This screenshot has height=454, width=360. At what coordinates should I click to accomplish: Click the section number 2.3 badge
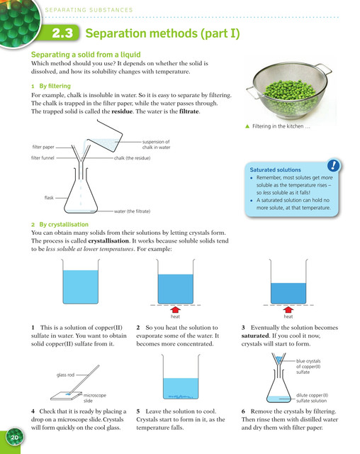click(x=62, y=33)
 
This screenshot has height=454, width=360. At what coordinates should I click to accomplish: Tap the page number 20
click(x=14, y=437)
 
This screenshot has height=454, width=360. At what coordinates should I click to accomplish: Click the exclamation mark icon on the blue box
click(x=333, y=165)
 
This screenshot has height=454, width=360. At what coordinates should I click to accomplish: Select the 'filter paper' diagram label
click(x=43, y=147)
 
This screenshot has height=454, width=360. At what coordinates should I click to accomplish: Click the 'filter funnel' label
click(x=43, y=157)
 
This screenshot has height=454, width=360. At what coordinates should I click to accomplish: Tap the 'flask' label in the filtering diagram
click(x=49, y=198)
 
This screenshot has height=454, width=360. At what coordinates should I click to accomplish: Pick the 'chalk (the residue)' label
click(x=132, y=158)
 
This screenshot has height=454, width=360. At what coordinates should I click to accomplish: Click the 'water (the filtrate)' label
click(x=132, y=211)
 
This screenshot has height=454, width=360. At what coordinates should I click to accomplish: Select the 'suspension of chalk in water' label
click(x=156, y=145)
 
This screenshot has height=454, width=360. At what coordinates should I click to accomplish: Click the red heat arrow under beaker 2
click(x=175, y=310)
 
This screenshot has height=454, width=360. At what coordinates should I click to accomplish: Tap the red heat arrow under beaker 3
click(x=288, y=310)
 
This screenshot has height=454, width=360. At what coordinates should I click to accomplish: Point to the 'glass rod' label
click(x=65, y=375)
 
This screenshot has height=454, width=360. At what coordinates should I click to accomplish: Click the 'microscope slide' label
click(x=94, y=398)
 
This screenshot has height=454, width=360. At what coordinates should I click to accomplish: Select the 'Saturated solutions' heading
click(x=275, y=170)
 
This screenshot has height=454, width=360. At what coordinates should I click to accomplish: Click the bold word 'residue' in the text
click(x=122, y=111)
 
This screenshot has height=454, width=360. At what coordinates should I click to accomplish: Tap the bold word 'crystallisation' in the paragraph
click(x=108, y=241)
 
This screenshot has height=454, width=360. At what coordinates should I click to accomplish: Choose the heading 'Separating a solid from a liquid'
click(x=86, y=55)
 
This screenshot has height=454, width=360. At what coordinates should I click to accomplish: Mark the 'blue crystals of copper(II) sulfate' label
click(x=308, y=367)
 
